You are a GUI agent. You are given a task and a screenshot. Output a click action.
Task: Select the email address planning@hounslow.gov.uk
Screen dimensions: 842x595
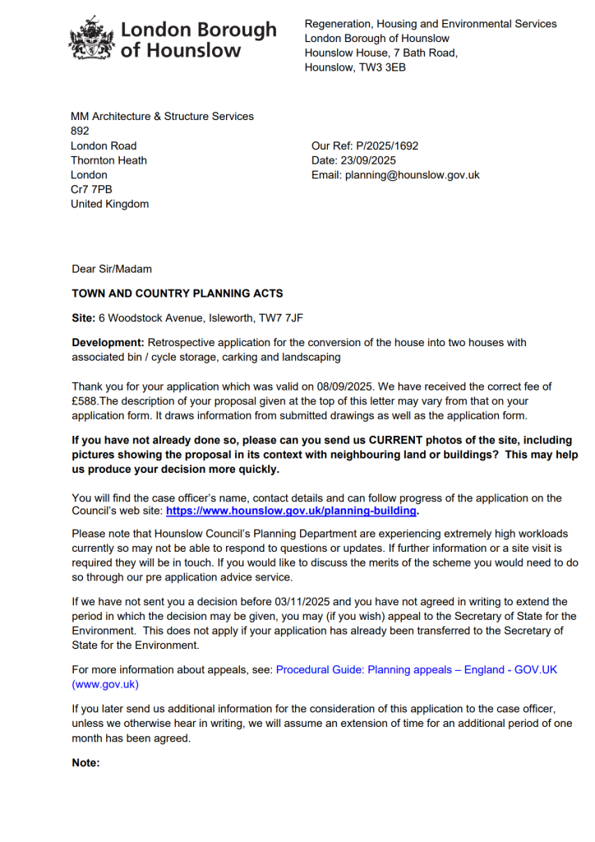(412, 175)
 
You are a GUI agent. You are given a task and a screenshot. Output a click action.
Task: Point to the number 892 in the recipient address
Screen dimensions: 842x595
(80, 131)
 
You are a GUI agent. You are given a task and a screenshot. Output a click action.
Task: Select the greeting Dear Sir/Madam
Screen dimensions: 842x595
(112, 269)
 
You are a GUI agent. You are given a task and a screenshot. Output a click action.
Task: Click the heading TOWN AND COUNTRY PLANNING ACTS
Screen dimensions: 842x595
(178, 294)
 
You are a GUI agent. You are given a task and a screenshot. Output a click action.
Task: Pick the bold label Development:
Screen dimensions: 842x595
(108, 342)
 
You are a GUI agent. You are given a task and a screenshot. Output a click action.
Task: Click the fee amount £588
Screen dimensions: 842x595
(85, 400)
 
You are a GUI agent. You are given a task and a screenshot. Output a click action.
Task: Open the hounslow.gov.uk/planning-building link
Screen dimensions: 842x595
(292, 511)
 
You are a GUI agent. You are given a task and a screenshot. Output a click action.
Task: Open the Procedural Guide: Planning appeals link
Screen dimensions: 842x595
(416, 670)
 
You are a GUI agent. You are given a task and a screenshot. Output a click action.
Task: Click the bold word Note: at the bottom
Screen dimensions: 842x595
(85, 763)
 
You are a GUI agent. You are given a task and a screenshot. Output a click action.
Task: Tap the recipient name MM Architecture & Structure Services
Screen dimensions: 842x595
(163, 116)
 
